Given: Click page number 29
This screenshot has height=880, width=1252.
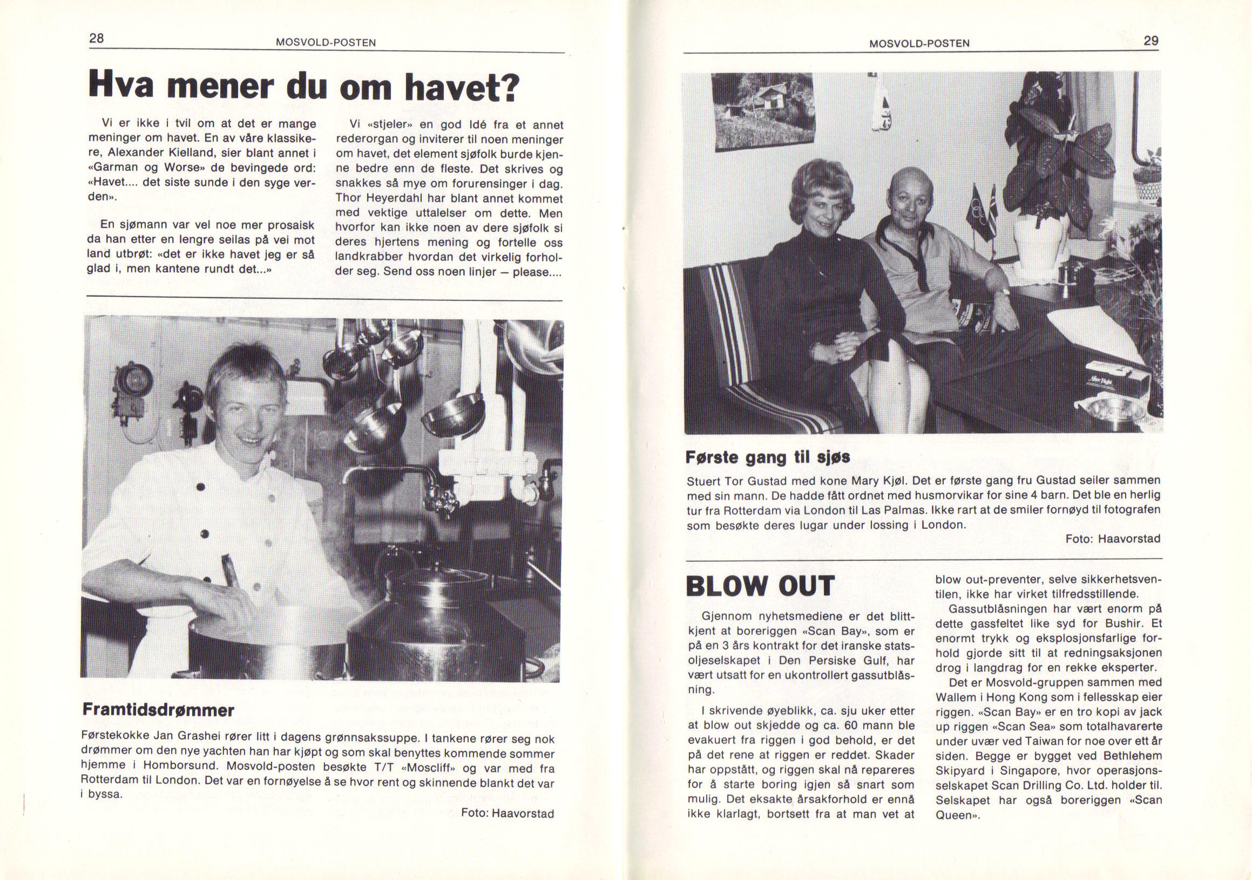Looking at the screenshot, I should (x=1151, y=42).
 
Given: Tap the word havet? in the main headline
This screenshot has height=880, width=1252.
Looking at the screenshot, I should (x=455, y=87).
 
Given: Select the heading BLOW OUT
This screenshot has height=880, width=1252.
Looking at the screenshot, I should (x=760, y=586).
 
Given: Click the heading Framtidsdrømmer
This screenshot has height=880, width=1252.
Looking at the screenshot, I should (x=158, y=710).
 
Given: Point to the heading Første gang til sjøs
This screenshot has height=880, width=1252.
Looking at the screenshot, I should (x=768, y=457).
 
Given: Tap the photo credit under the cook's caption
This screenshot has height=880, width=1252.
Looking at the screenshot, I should (x=507, y=814).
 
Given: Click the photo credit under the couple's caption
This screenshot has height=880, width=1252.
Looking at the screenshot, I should (x=1113, y=539).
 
